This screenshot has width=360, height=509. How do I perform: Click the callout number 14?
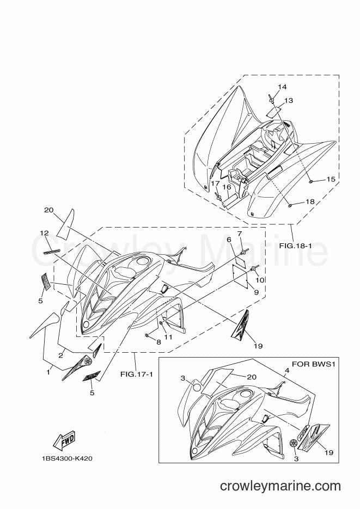[282, 87]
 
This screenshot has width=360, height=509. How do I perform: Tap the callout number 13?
[289, 101]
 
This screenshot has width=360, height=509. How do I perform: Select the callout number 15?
[331, 179]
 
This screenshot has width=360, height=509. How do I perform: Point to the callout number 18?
[310, 201]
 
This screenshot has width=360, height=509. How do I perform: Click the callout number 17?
[215, 183]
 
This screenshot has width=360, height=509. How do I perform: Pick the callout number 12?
[44, 233]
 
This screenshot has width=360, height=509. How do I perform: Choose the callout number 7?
[239, 234]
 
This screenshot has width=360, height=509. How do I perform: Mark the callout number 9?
[256, 292]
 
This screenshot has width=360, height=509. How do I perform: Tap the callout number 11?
[168, 337]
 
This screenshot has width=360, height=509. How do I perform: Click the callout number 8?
[158, 342]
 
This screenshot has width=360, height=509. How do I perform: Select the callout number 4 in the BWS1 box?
[286, 370]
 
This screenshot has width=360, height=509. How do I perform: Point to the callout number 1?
[48, 372]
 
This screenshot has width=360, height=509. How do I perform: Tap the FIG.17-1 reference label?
[136, 375]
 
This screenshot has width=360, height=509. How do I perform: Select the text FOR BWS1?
[313, 364]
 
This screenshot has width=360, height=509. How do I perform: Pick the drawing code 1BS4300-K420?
[67, 459]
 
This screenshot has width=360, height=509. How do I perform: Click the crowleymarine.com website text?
[280, 486]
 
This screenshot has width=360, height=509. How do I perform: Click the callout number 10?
[260, 280]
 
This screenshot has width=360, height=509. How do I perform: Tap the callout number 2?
[60, 355]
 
